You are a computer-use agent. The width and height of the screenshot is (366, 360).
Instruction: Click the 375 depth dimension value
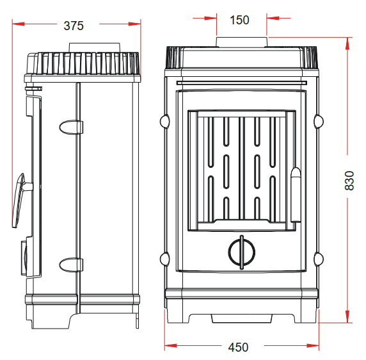coord(74,26)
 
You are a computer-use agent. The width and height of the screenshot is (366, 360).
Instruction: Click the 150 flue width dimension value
coord(239,20)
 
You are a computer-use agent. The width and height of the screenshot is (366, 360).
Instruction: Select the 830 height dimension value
coord(349,181)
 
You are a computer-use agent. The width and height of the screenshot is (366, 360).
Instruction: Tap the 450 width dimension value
coord(238,347)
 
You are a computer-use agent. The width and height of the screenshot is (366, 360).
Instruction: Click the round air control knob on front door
coord(242,252)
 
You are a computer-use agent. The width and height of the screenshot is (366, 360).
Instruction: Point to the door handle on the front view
coord(296,195)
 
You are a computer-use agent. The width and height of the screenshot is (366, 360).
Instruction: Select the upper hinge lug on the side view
coord(71,127)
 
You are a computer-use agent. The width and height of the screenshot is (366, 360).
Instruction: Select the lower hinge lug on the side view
coord(71,265)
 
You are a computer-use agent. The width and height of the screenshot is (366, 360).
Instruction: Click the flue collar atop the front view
coord(242,42)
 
